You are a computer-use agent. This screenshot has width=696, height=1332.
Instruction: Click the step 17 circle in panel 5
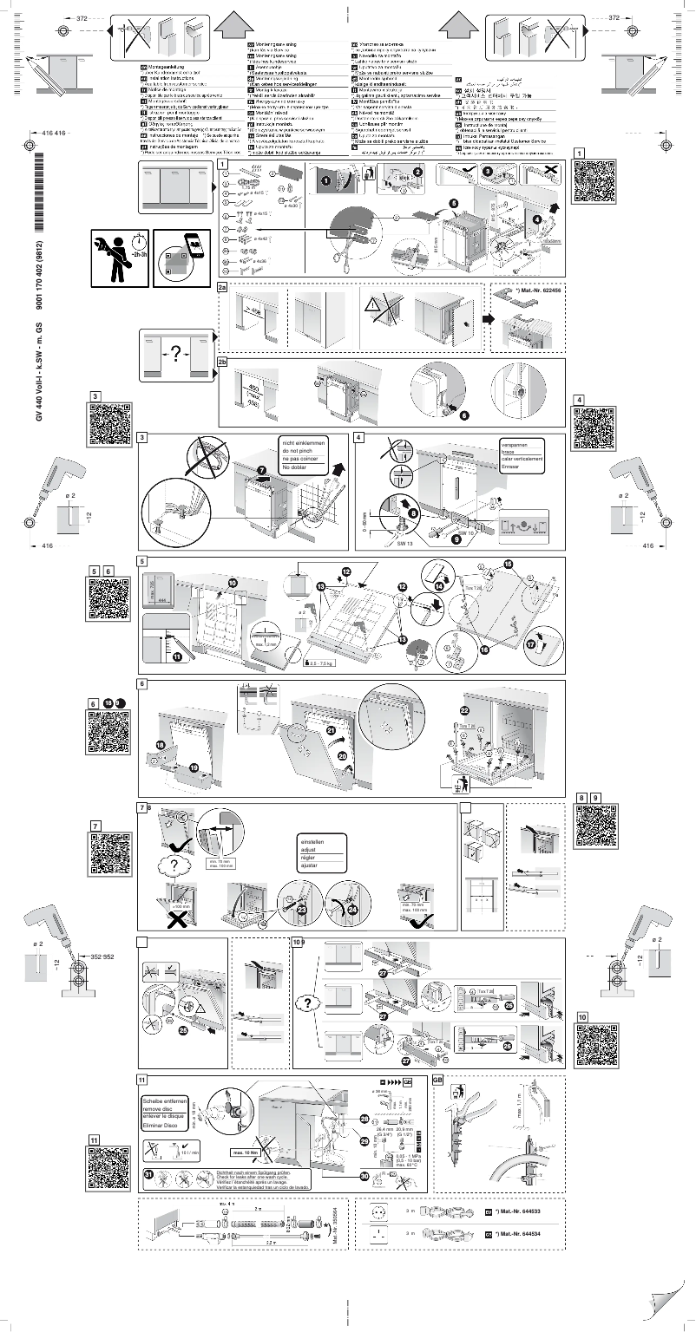point(531,647)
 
